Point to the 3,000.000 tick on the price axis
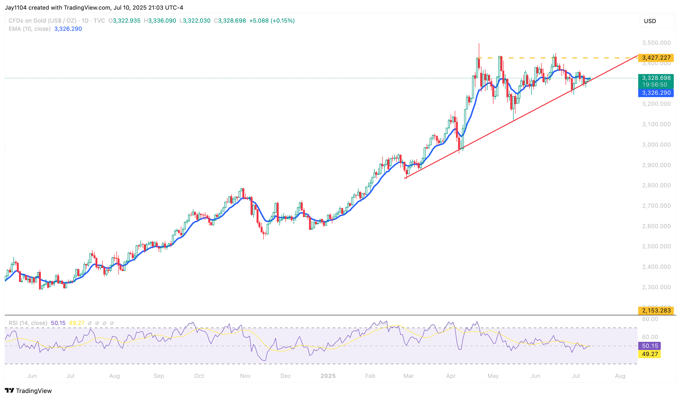tap(656, 145)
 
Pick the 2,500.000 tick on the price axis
tap(656, 246)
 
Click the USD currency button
tap(656, 21)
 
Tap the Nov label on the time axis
tap(245, 376)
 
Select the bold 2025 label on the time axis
tap(328, 376)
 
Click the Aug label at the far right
tap(620, 376)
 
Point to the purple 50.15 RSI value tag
tap(650, 346)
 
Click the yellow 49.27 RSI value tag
tap(650, 354)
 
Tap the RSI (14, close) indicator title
tap(28, 323)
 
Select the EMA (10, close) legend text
tap(29, 29)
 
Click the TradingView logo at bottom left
tap(28, 391)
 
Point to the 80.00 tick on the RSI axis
tap(650, 319)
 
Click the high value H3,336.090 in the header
tap(160, 21)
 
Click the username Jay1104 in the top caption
tap(16, 7)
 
